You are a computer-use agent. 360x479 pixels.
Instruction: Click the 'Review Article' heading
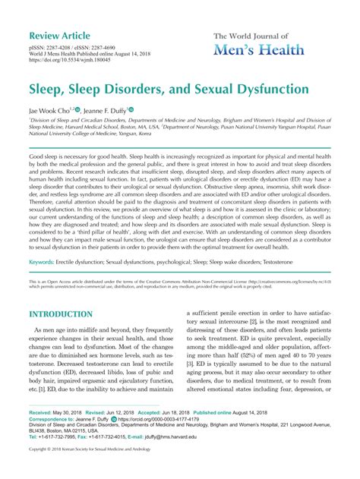(65, 37)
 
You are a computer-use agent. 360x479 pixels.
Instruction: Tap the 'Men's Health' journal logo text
(259, 49)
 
